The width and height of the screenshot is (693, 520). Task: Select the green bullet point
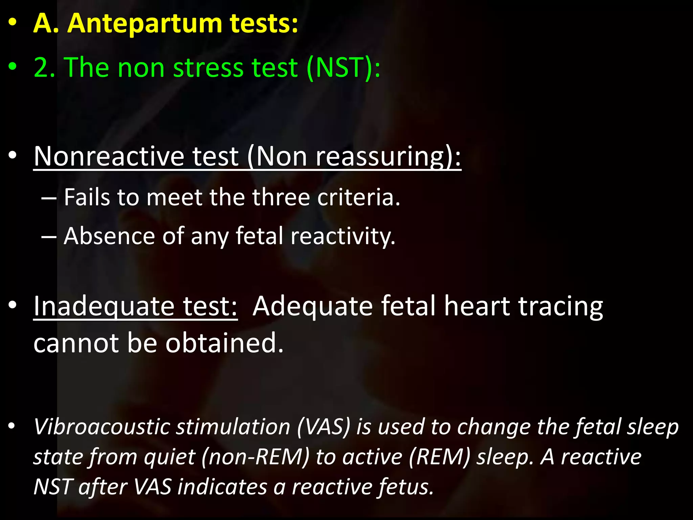coord(13,67)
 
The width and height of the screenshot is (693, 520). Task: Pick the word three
coord(281,197)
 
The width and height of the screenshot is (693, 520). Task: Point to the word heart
coord(477,306)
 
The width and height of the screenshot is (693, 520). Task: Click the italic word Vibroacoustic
coord(102,427)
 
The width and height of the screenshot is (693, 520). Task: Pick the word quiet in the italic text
coord(170,457)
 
